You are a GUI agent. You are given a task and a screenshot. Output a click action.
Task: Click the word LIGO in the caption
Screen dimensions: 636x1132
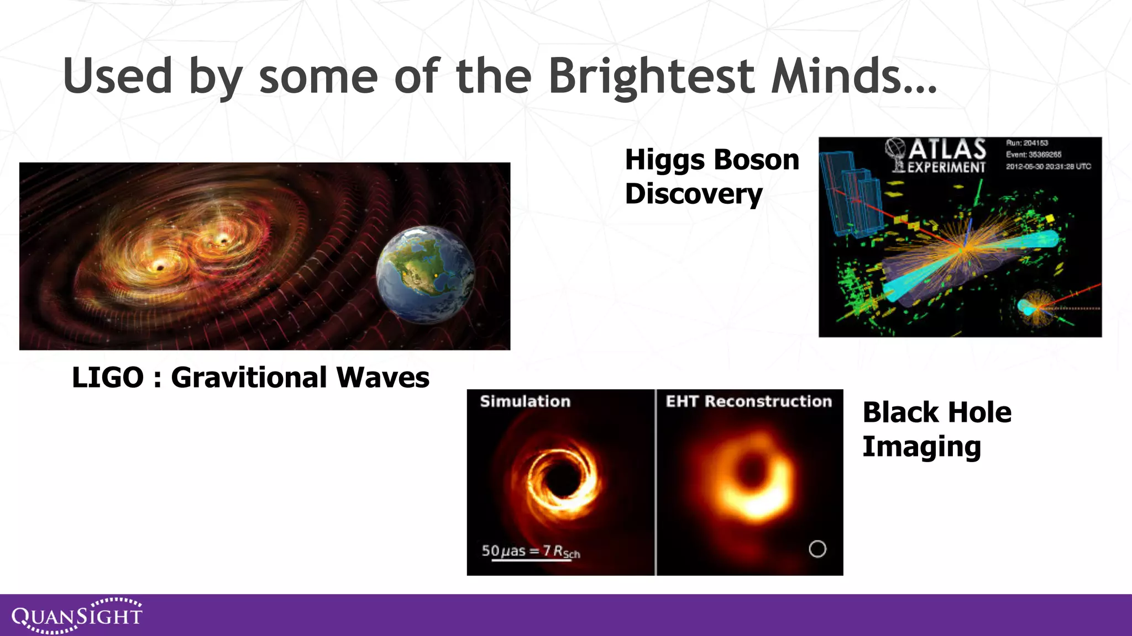coord(108,378)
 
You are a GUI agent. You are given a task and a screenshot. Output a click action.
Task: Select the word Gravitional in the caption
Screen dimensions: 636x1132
coord(249,378)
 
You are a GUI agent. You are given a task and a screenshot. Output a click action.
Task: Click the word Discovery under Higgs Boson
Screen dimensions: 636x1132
coord(694,194)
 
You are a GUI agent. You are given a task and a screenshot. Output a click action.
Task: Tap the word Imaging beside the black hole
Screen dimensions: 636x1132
coord(921,447)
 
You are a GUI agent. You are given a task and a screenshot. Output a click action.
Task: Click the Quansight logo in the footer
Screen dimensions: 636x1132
coord(77,616)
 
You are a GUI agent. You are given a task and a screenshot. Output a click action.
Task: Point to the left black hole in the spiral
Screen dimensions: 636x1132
coord(160,268)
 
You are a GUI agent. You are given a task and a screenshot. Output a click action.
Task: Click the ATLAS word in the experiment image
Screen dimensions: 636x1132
coord(947,150)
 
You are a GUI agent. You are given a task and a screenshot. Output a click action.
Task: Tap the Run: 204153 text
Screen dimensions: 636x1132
coord(1027,143)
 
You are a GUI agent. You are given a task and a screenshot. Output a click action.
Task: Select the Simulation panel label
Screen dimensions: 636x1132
coord(525,401)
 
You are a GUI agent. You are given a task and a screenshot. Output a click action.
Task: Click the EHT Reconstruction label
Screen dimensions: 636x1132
coord(748,401)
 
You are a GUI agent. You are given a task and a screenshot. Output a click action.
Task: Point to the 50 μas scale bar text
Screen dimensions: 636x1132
coord(530,551)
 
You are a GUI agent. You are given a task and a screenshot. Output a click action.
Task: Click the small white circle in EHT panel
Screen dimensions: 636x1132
coord(817,549)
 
